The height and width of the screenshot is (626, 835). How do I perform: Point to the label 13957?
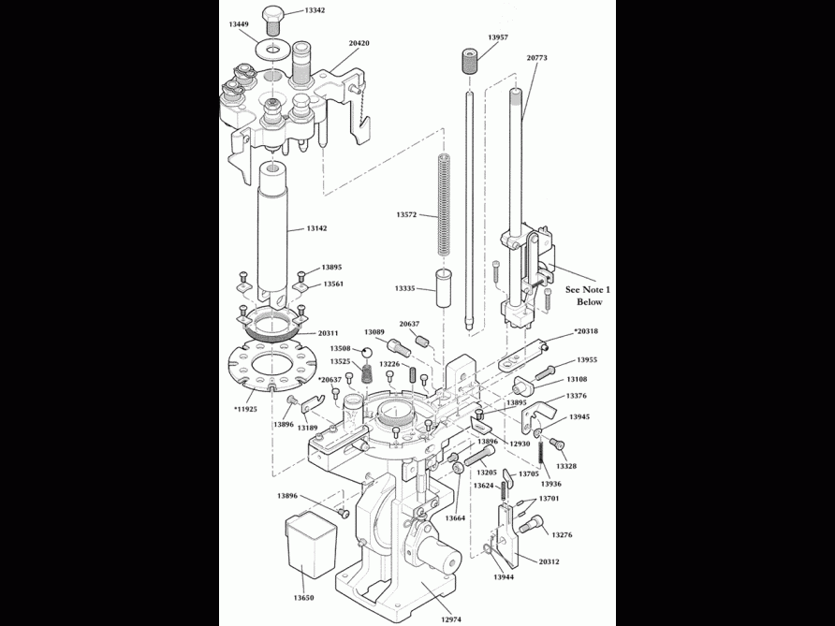498,37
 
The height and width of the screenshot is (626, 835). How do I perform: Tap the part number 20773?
537,58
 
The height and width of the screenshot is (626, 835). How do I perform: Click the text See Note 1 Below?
589,297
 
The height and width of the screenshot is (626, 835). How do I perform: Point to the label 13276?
563,535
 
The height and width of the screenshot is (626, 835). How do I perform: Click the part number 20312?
550,561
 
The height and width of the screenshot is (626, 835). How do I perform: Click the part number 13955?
587,360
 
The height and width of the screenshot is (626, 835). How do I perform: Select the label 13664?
455,518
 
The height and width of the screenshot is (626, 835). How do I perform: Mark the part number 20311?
328,332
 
